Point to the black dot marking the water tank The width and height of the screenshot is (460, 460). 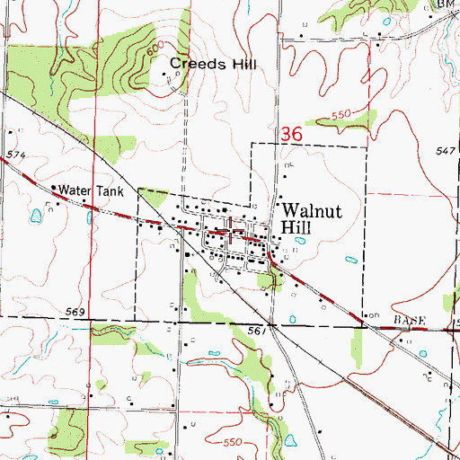pos(53,189)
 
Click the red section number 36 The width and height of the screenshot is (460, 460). pos(289,132)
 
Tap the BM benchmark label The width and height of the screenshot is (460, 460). pos(446,4)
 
